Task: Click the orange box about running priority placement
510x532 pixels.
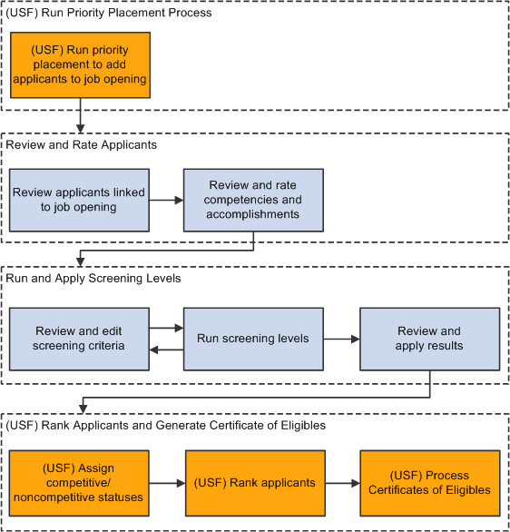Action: pos(81,65)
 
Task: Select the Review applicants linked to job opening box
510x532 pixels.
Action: pos(79,200)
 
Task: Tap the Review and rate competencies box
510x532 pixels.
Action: pos(253,200)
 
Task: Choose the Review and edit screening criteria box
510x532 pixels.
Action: pos(79,339)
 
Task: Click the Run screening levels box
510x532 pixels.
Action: pos(253,339)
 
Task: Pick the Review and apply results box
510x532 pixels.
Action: pos(429,339)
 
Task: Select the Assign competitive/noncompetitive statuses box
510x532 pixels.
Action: pos(79,483)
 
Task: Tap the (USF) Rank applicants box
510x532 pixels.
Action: pos(255,483)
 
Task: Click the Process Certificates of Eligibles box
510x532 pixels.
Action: pos(430,483)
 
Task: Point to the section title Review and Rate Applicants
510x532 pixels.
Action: pos(82,145)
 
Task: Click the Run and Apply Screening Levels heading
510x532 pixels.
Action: pos(93,278)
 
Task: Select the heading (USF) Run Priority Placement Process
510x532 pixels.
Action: pos(109,13)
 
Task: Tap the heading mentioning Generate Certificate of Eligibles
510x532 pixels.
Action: pos(165,425)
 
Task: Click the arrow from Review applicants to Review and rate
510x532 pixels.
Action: pos(166,200)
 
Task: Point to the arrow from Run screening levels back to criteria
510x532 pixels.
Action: pos(166,350)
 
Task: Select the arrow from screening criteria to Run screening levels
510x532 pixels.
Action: pos(166,328)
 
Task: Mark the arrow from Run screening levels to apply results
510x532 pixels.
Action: pos(342,339)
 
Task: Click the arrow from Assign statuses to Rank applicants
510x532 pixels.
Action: pos(167,483)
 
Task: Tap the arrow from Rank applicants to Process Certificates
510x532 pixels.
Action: pos(342,483)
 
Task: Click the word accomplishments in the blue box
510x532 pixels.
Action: pos(253,214)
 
